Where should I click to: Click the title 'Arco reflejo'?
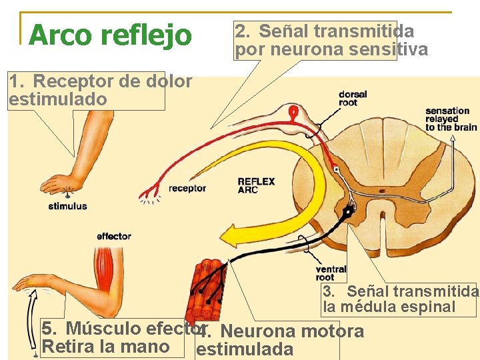[x=111, y=35]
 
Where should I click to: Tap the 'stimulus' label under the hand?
[x=67, y=206]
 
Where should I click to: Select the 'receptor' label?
[x=187, y=189]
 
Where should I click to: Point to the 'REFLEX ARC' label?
[x=256, y=185]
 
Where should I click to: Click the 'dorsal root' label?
[x=352, y=98]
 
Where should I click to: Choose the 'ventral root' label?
[x=331, y=273]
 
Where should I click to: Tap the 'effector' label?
[x=113, y=236]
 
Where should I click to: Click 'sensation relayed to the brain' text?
[x=451, y=119]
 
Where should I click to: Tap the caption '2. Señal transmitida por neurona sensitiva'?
[x=331, y=40]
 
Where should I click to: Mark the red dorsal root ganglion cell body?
[x=291, y=113]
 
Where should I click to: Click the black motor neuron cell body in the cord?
[x=347, y=213]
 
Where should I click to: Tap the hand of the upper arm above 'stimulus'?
[x=57, y=183]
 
